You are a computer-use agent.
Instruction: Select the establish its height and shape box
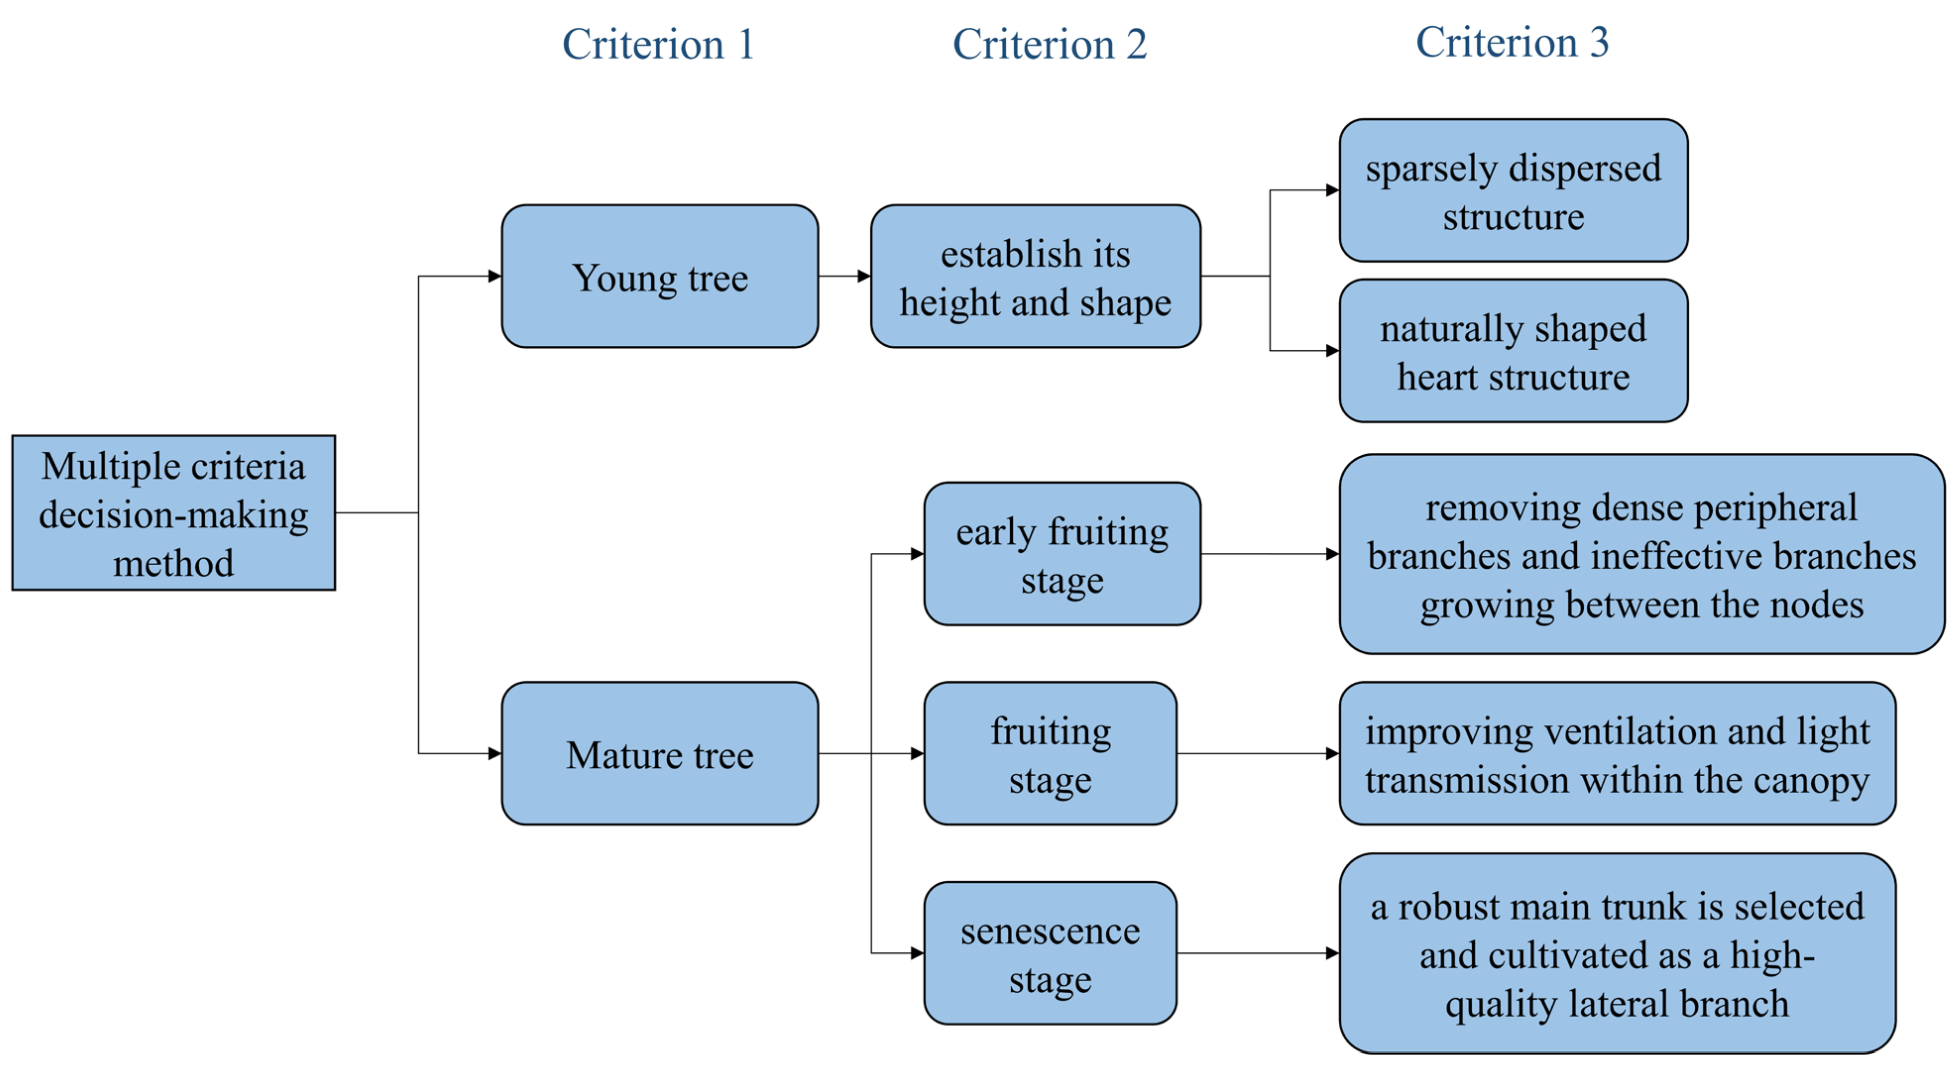[x=1035, y=276]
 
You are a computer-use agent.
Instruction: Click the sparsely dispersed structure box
[x=1512, y=191]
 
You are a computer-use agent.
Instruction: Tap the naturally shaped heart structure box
[x=1512, y=351]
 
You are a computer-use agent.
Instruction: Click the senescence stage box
[x=1050, y=954]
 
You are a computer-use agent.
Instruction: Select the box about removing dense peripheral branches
[x=1641, y=555]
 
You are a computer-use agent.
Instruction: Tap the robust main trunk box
[x=1617, y=954]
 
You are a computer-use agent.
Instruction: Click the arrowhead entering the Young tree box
[x=494, y=276]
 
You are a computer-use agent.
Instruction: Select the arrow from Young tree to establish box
[x=844, y=276]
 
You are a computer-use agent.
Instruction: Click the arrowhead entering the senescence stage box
[x=917, y=954]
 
